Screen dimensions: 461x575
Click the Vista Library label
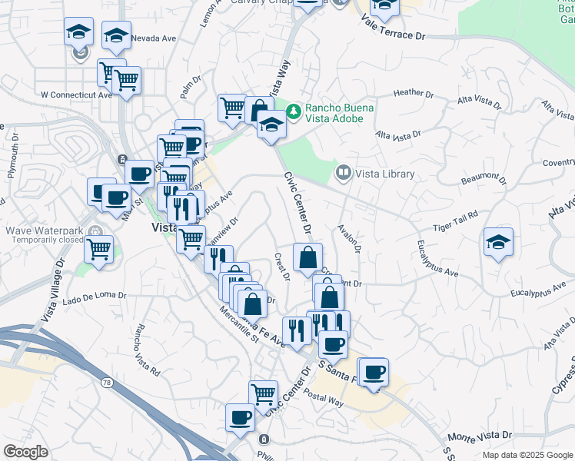point(384,174)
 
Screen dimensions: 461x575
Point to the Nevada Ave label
point(155,38)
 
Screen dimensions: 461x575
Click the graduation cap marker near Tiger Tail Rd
point(498,243)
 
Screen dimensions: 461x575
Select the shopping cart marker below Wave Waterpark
point(99,248)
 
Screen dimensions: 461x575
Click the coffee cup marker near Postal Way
point(374,373)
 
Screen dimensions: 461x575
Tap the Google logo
point(26,451)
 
